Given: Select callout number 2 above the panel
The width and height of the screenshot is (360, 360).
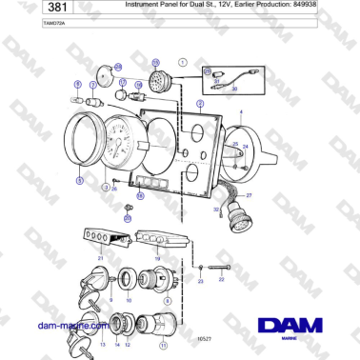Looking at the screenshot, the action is coord(200,102).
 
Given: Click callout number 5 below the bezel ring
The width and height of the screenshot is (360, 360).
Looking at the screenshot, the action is coord(80,179).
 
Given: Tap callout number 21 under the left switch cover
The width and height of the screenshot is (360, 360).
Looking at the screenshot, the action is coord(100,258).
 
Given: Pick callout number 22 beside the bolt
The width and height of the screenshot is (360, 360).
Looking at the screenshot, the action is coord(221,279).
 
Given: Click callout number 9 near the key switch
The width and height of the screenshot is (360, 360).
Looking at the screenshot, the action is coord(110,301).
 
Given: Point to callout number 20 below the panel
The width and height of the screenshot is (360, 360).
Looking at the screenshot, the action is coord(128,218).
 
